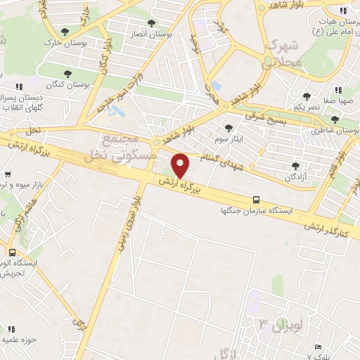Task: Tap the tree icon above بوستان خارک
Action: [65, 31]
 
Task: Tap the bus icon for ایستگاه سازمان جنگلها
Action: [256, 200]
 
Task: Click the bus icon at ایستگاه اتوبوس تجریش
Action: [12, 252]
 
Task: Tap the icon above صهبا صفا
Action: [338, 89]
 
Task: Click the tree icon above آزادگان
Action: [295, 166]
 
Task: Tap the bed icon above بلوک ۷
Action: [318, 347]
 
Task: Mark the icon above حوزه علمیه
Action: [12, 328]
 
